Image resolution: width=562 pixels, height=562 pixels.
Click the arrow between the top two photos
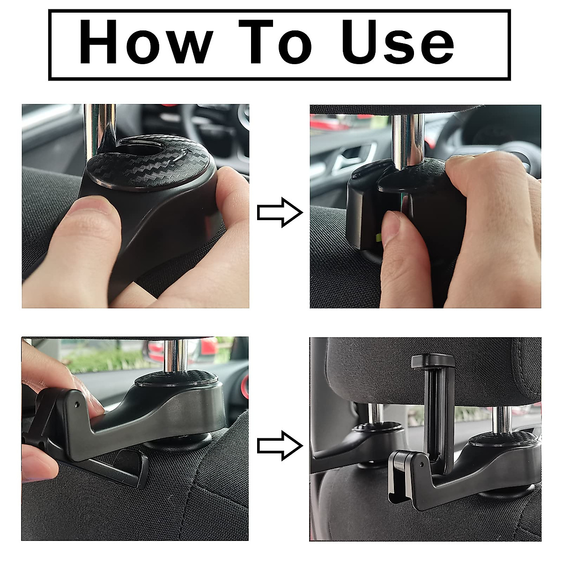[280, 212]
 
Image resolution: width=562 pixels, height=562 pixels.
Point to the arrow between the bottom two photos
[280, 446]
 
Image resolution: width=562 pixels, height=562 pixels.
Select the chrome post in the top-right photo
[408, 136]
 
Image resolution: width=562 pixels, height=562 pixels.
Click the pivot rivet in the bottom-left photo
[77, 402]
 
